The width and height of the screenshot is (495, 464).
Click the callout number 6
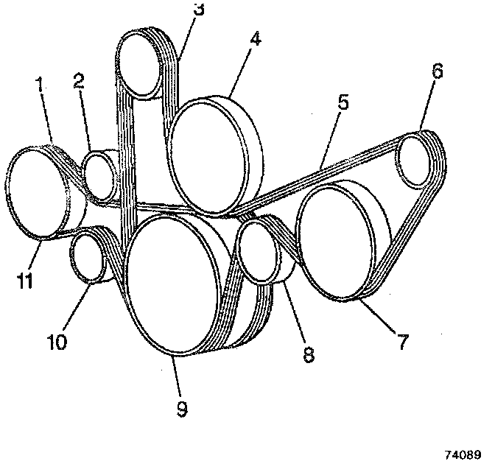click(437, 72)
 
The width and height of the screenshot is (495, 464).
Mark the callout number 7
click(402, 342)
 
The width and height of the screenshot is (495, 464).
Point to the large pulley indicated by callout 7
click(336, 242)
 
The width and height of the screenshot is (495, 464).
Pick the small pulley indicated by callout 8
click(258, 253)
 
